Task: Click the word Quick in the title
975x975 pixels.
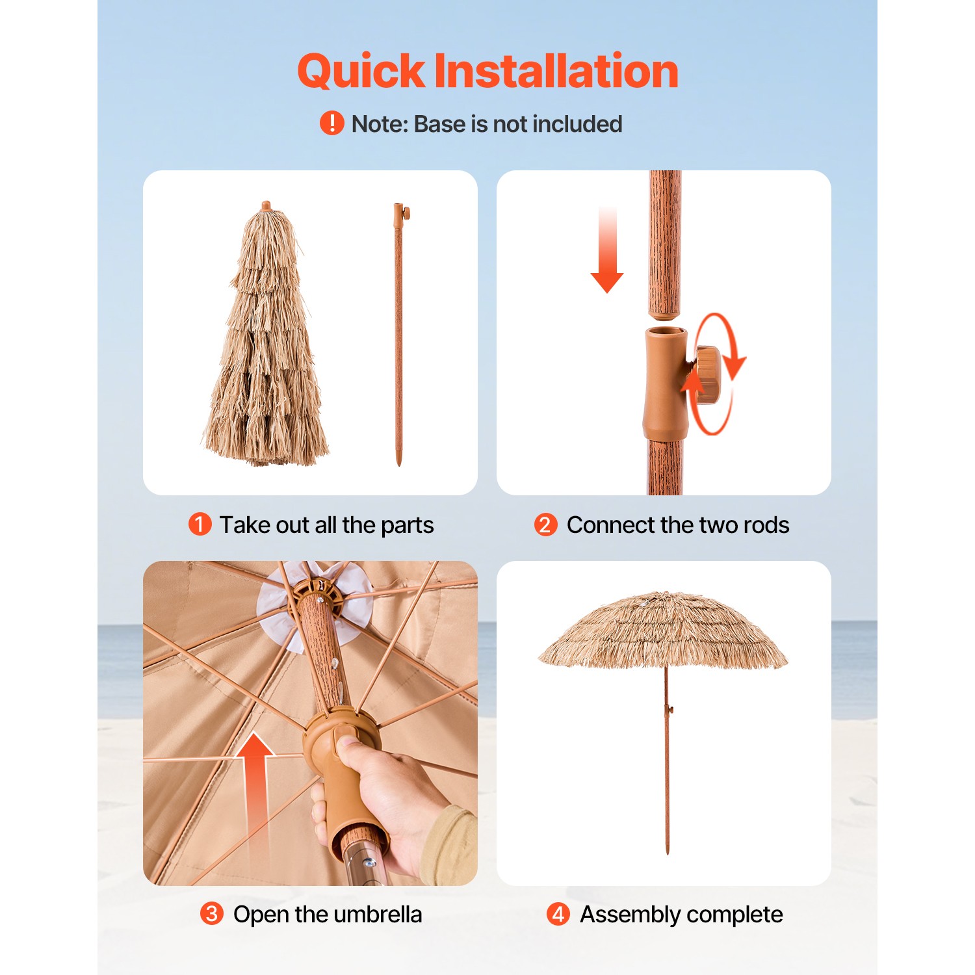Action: (x=361, y=71)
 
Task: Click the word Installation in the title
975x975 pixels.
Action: (x=556, y=71)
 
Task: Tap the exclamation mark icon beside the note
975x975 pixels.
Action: (x=332, y=123)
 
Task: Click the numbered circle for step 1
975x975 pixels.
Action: (x=200, y=525)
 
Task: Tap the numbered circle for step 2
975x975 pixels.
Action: (x=546, y=525)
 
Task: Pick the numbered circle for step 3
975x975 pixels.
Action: (x=212, y=914)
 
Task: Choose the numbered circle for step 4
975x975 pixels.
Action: (x=558, y=914)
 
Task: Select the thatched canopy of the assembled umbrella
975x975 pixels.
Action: (x=663, y=627)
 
